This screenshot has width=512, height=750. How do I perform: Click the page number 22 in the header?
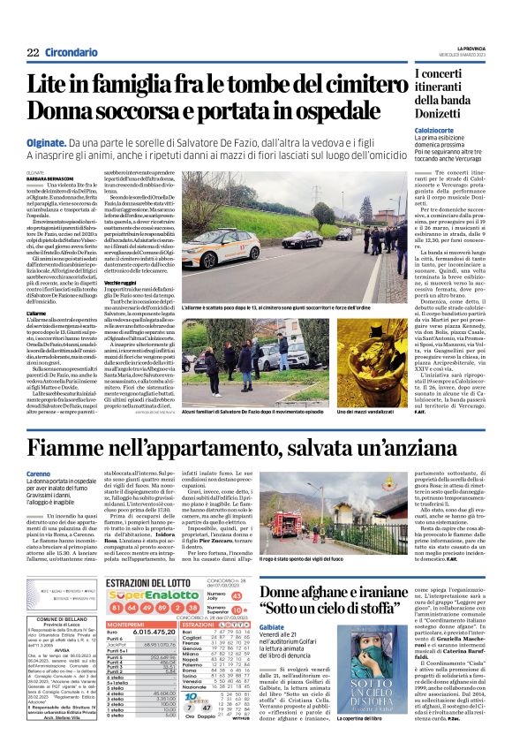click(x=32, y=52)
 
